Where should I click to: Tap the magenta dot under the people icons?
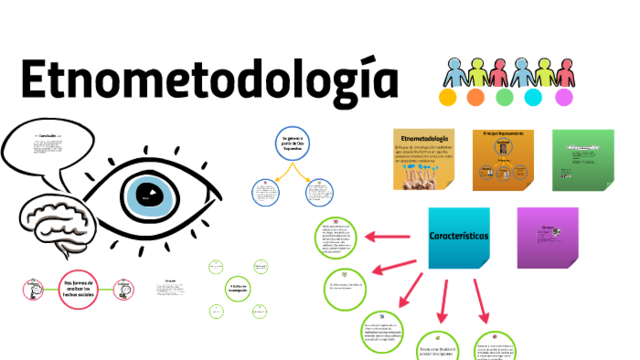click(564, 98)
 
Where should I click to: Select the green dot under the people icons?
click(503, 98)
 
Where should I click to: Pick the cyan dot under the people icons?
click(533, 98)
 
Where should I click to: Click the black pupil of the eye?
click(148, 194)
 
